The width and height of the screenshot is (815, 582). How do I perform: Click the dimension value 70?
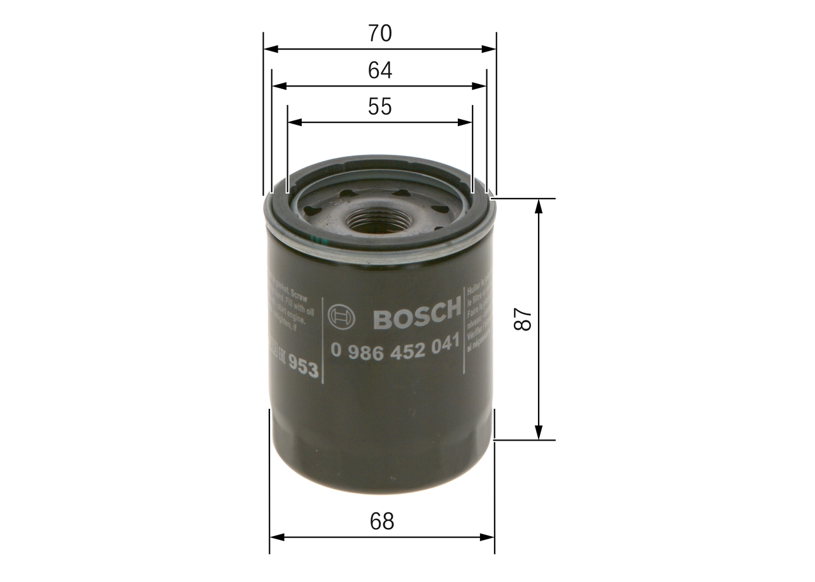pyautogui.click(x=379, y=33)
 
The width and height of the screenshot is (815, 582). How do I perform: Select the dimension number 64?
pyautogui.click(x=379, y=70)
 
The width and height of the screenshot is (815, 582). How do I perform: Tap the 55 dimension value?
pyautogui.click(x=379, y=107)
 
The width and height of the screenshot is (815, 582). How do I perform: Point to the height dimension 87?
pyautogui.click(x=523, y=319)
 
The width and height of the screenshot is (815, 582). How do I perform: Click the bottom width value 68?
pyautogui.click(x=382, y=522)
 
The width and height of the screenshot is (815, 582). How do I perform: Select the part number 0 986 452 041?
pyautogui.click(x=394, y=348)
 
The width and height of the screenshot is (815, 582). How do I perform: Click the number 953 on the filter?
pyautogui.click(x=303, y=367)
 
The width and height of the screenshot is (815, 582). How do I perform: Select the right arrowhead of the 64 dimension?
pyautogui.click(x=481, y=86)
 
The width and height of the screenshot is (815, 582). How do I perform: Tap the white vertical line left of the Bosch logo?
pyautogui.click(x=323, y=340)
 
